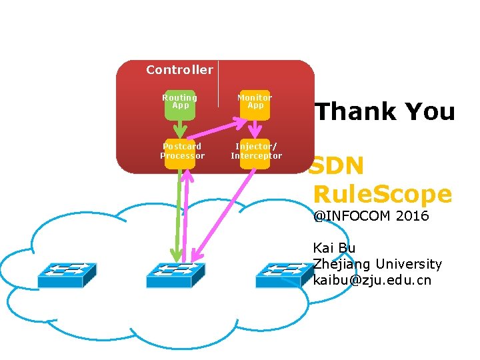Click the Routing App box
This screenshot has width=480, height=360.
click(x=180, y=105)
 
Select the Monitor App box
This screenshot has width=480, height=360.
click(x=255, y=105)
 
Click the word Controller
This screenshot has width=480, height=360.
click(x=179, y=70)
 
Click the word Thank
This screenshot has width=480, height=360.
click(x=353, y=111)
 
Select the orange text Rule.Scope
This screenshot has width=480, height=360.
click(x=382, y=194)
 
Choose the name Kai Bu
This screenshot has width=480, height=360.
click(x=334, y=248)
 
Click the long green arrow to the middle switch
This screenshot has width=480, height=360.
click(x=175, y=213)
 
